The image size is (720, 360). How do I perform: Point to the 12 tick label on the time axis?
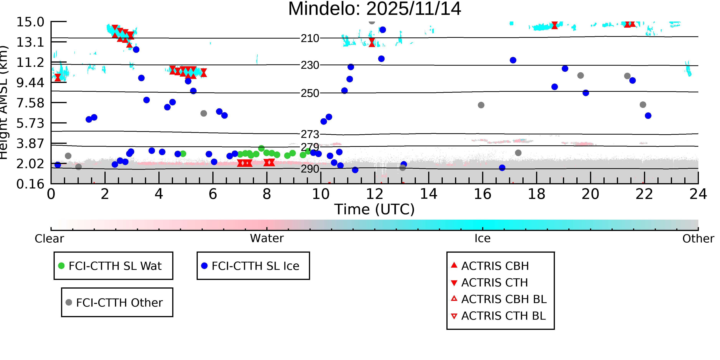tap(375, 194)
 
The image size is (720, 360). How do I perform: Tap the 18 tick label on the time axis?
tap(536, 194)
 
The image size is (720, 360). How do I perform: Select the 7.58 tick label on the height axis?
tap(30, 103)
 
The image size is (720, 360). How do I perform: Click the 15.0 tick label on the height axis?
tap(30, 22)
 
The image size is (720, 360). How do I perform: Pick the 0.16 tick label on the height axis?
tap(30, 184)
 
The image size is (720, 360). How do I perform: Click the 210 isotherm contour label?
tap(310, 38)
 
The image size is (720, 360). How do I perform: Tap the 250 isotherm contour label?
tap(310, 93)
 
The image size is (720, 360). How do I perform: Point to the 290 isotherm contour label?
tap(310, 169)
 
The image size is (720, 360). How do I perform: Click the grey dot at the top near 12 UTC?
tap(372, 21)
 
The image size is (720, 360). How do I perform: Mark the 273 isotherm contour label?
tap(310, 134)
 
